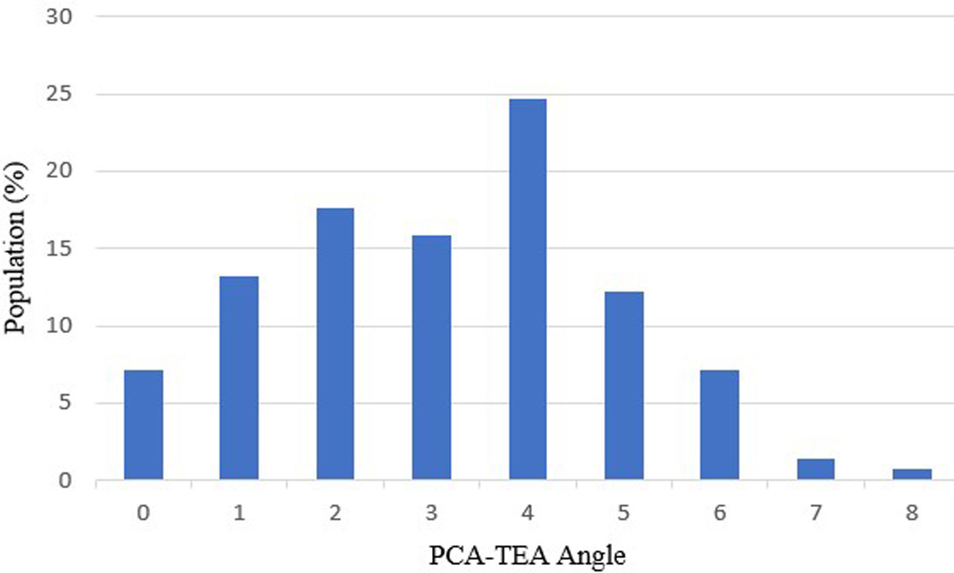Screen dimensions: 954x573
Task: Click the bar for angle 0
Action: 144,425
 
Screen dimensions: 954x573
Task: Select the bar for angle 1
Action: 239,378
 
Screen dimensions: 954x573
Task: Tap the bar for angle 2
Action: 335,344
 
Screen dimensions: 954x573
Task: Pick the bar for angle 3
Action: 431,357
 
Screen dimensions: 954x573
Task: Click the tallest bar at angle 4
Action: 527,289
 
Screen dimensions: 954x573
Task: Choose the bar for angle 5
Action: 624,386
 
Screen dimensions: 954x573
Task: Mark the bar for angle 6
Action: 720,425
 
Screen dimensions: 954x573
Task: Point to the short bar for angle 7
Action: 816,469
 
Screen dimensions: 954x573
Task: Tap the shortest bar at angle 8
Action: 912,475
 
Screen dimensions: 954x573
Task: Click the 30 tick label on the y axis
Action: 59,17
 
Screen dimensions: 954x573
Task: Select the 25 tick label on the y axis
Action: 59,94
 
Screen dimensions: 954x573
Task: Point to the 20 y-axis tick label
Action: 59,171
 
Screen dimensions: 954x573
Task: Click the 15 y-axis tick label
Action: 59,248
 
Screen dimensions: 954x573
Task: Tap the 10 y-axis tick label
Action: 59,326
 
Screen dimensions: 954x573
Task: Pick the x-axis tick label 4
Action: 527,513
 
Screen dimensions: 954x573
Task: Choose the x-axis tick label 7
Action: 816,513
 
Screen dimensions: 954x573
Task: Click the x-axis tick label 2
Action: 335,513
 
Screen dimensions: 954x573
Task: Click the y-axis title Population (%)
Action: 16,248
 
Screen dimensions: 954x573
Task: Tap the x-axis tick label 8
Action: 912,513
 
